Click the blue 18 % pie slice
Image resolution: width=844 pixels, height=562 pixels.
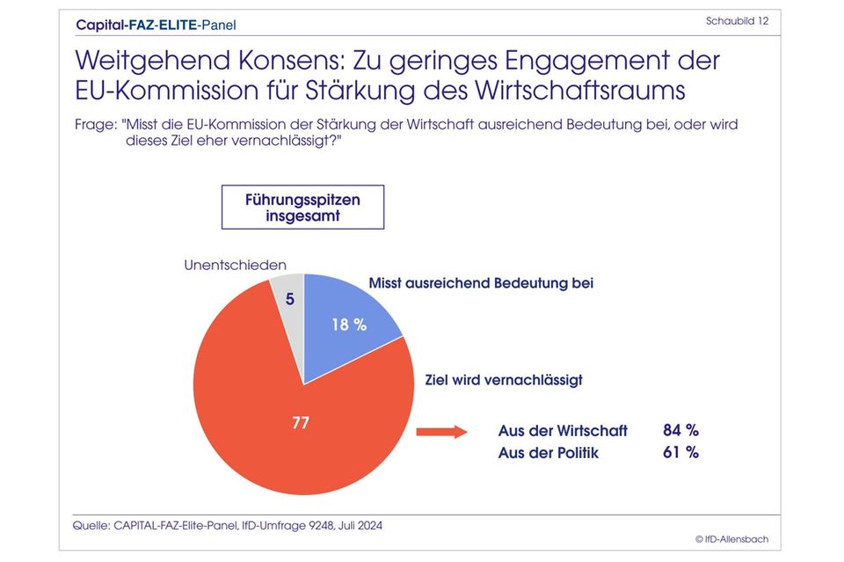347,321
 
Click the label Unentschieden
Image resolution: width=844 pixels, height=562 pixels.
234,264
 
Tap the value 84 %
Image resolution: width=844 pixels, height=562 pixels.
680,430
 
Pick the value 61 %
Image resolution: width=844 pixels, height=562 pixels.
680,452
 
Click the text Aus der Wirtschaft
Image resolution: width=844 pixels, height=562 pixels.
563,430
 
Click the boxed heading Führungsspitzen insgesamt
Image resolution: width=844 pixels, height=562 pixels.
302,208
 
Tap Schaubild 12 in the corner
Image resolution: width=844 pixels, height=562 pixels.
737,20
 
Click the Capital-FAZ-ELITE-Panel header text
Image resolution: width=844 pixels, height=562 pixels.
156,25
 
